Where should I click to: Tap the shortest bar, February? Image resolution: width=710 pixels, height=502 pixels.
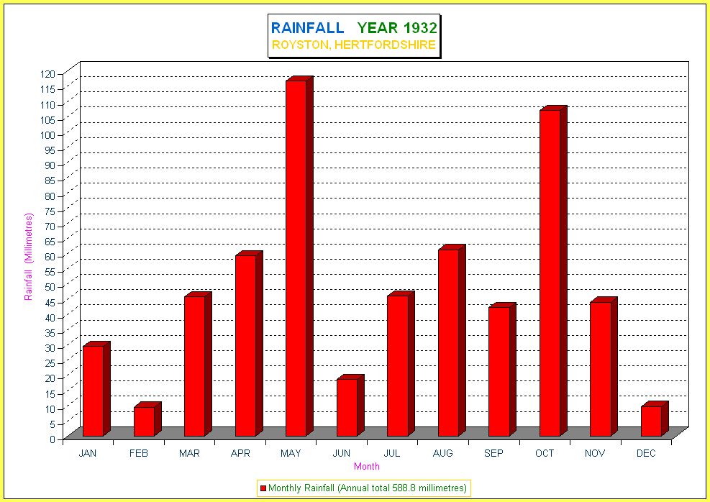147,419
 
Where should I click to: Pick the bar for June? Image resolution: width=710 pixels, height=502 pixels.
350,406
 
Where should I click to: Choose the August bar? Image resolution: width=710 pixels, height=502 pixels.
452,340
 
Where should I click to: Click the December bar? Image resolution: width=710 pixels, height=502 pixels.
655,419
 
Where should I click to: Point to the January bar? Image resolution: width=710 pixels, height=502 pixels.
96,389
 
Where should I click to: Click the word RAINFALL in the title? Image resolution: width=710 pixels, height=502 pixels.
307,28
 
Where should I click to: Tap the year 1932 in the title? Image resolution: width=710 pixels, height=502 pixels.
420,28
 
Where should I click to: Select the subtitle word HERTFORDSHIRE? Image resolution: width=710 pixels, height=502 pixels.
385,45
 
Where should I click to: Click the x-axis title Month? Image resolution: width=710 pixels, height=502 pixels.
367,466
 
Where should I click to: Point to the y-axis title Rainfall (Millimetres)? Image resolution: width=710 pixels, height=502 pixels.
29,257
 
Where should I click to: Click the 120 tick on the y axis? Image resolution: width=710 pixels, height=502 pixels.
46,74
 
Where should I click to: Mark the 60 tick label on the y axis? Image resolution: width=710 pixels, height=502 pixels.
49,256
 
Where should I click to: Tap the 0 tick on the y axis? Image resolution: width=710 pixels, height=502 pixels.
53,439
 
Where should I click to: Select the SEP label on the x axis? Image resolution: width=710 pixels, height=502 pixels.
493,453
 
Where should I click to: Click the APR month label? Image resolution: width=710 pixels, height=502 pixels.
240,453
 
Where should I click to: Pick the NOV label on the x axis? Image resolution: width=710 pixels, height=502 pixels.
595,453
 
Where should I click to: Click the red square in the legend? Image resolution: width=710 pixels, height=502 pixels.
263,488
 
